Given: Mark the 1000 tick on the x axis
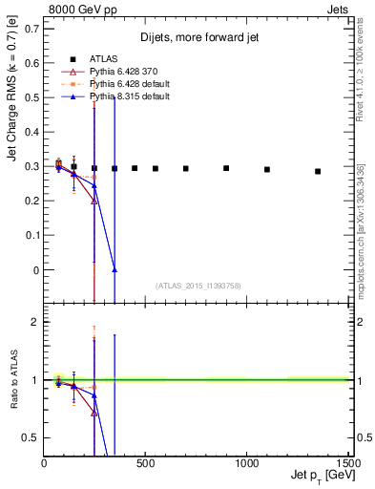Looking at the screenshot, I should click(x=247, y=462).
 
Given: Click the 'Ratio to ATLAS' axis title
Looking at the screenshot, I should click(x=12, y=380).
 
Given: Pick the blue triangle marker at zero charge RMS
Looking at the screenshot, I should click(x=115, y=270).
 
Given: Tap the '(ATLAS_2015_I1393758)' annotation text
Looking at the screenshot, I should click(x=197, y=285).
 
